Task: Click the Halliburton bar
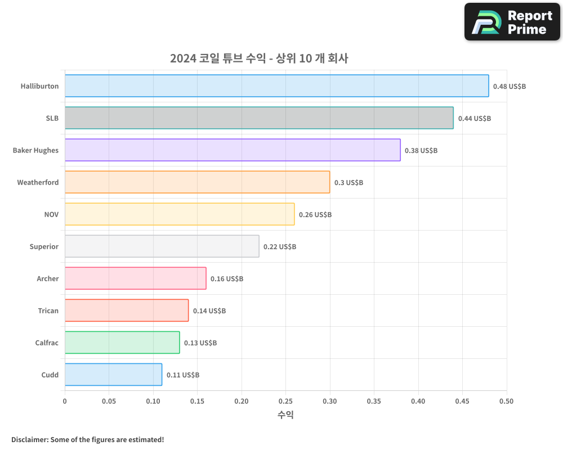coord(276,86)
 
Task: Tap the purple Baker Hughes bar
coord(233,150)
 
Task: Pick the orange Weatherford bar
coord(197,182)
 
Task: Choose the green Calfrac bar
coord(122,343)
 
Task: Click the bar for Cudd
coord(113,375)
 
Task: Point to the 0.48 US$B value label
coord(509,87)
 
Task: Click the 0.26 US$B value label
coord(315,215)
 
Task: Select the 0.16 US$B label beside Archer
coord(227,279)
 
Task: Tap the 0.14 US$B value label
coord(209,311)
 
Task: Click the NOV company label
coord(51,214)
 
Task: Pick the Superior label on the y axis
coord(44,246)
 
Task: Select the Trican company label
coord(48,310)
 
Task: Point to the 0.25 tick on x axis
coord(285,401)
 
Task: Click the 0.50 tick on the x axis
coord(507,401)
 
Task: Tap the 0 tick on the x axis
coord(65,401)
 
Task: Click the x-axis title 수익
coord(285,415)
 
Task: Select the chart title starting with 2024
coord(259,58)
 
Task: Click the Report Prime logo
coord(512,22)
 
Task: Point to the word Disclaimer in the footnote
coord(29,439)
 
